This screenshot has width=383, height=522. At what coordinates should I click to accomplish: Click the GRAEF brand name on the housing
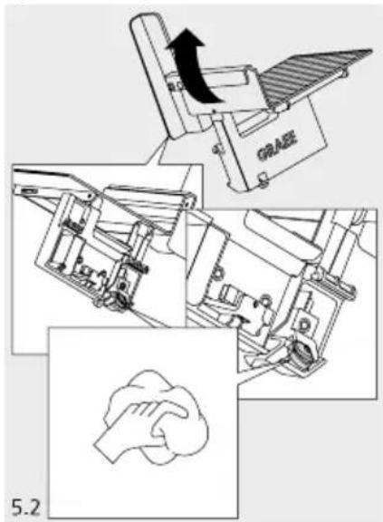[x=277, y=147]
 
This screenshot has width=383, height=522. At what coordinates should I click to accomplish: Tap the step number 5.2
[x=26, y=507]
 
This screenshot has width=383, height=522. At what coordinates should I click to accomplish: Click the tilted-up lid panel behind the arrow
[x=157, y=73]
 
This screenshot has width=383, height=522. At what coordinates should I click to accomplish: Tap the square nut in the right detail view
[x=303, y=321]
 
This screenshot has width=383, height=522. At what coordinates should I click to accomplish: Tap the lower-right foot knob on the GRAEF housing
[x=263, y=176]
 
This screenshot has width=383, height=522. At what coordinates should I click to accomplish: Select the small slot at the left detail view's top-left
[x=28, y=190]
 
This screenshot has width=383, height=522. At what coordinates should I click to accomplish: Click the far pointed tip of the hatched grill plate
[x=372, y=50]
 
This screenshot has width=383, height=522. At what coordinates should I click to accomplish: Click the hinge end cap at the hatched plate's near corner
[x=281, y=107]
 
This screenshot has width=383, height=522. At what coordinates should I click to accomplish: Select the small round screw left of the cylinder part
[x=215, y=274]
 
